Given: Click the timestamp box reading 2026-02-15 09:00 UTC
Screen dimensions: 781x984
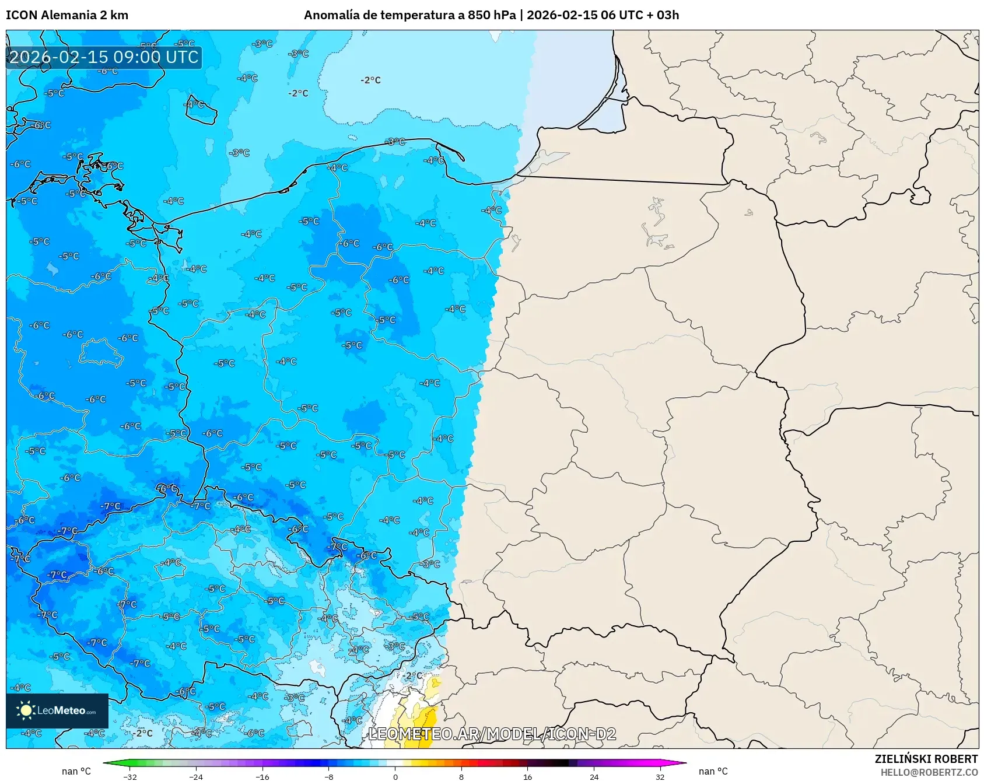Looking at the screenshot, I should pos(104,57).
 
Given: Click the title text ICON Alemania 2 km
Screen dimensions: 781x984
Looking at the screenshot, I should pos(67,15).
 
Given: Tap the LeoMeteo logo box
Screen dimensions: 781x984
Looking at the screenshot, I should pos(57,710).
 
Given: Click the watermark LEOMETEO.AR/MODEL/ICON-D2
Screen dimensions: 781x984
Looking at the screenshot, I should pos(492,734).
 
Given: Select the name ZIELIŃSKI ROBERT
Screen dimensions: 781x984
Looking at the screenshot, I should pos(926,759).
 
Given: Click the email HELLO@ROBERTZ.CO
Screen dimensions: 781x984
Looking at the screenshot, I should pos(929,772).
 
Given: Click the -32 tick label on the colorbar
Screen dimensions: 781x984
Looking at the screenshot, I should pos(130,776).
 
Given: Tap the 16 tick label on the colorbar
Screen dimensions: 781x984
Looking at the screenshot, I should pos(527,776).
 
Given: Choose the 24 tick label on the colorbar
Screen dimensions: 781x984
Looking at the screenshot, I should pos(594,776).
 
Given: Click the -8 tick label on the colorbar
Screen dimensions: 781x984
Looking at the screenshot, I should pos(329,776).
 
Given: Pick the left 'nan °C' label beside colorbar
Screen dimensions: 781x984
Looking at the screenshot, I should pos(76,771).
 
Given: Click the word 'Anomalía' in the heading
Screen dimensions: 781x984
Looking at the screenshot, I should pos(331,15).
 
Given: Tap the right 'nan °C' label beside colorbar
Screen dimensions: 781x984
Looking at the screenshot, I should pos(713,771).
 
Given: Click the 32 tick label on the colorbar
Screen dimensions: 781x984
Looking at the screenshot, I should pos(660,776).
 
